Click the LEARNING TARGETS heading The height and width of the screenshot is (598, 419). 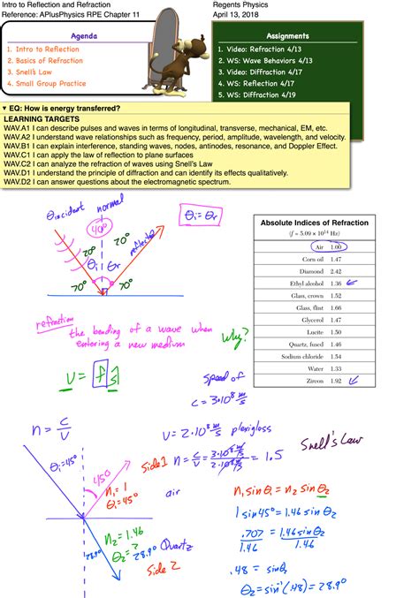(42, 117)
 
